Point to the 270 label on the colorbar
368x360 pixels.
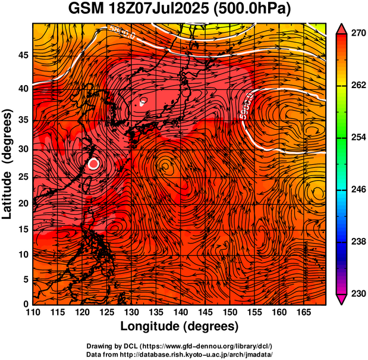(357, 34)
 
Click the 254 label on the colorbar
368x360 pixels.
(357, 137)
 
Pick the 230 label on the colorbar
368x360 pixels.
(357, 293)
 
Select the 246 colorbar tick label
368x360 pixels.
(357, 190)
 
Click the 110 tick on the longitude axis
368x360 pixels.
(33, 312)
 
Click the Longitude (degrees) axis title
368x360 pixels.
(180, 326)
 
